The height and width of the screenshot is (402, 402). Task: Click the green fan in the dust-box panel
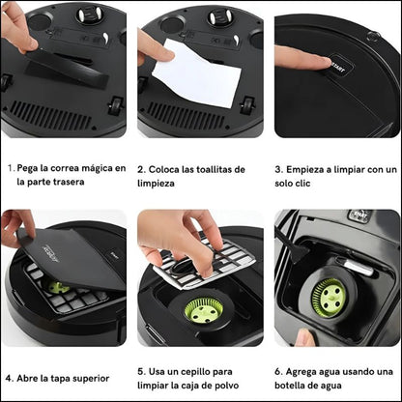click(x=205, y=310)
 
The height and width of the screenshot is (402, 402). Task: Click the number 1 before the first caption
click(x=11, y=167)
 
